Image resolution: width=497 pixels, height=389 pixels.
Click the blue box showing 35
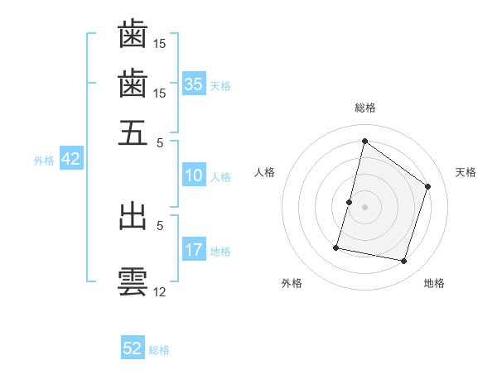coord(194,84)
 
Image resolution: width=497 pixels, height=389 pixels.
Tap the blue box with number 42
coord(70,159)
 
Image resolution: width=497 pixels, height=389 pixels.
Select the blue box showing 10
coord(194,175)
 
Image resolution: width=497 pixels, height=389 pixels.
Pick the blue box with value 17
coord(194,250)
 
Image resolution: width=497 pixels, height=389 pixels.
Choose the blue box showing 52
coord(133,348)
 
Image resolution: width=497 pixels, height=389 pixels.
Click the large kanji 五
coord(133,132)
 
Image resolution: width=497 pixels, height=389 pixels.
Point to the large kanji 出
coord(133,216)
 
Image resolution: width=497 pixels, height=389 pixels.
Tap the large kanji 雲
coord(133,281)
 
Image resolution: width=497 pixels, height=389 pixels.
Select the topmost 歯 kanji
coord(133,35)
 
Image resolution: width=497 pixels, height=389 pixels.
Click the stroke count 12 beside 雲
coord(160,291)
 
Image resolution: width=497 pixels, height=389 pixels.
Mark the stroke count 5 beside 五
coord(160,141)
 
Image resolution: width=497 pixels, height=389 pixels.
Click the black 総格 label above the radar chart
coord(365,108)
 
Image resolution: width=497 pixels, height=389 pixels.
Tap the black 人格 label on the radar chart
coord(265,172)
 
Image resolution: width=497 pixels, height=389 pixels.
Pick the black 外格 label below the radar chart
coord(292,283)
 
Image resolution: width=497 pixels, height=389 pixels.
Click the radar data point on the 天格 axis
coord(428,186)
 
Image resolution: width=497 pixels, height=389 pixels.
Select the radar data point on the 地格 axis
coord(404,262)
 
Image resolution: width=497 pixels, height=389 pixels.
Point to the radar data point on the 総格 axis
coord(364,141)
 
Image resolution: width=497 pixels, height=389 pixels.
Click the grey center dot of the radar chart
coord(364,207)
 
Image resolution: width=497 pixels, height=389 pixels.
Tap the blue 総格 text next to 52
coord(159,350)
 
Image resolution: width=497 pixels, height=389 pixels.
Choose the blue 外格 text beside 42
coord(44,161)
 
